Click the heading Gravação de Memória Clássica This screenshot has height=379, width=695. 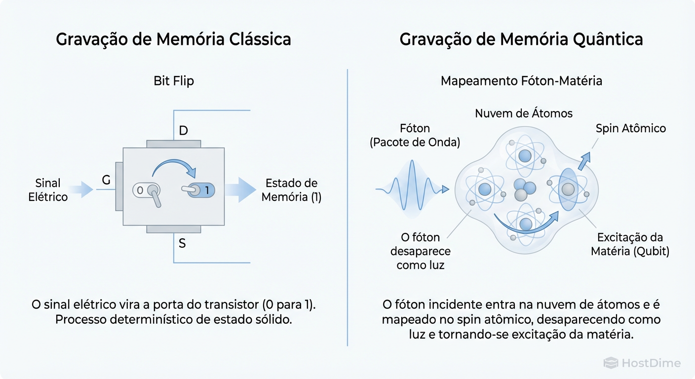point(173,39)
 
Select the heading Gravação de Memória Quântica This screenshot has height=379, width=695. point(521,39)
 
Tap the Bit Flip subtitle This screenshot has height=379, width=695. point(174,81)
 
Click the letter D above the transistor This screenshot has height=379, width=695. point(183,131)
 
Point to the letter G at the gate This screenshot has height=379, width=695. point(106,181)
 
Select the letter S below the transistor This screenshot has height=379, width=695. point(182,243)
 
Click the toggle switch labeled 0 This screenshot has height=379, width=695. point(147,190)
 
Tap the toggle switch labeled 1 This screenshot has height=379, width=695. point(198,189)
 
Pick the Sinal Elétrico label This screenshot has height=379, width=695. point(48,190)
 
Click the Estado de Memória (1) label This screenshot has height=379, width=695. point(291,190)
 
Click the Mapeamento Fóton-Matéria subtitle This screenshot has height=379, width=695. point(521,81)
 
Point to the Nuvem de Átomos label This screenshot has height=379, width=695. point(524,114)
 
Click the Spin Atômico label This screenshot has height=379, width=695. point(630,129)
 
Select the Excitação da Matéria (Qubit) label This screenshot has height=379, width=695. point(630,244)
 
